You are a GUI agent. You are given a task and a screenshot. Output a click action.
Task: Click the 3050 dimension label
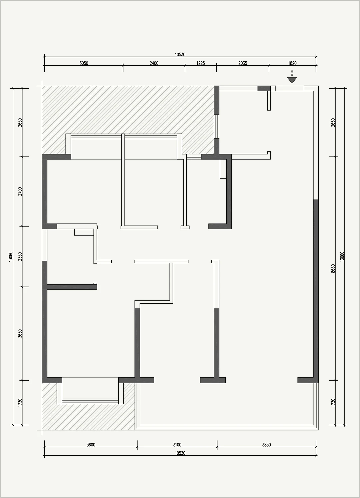[x=84, y=63]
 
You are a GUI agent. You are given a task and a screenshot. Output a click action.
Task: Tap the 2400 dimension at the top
[x=154, y=63]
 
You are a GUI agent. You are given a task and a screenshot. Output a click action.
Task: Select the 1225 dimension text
[x=201, y=63]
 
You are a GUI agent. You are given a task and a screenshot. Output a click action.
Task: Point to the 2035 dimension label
[x=243, y=63]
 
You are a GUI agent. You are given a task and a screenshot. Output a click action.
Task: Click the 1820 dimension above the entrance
[x=292, y=63]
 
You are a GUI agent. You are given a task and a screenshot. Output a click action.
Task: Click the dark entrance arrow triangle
[x=292, y=80]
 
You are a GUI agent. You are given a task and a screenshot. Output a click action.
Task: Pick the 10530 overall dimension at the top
[x=180, y=55]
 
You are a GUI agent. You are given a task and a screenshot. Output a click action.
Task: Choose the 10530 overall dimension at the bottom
[x=180, y=453]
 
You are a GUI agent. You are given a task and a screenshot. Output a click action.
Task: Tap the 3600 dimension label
[x=91, y=445]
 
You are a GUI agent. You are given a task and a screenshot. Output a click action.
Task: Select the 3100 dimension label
[x=177, y=445]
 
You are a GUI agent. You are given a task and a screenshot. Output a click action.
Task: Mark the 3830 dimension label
[x=266, y=445]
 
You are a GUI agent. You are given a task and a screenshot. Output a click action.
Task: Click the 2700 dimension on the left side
[x=20, y=191]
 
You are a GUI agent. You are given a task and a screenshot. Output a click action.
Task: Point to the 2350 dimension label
[x=20, y=256]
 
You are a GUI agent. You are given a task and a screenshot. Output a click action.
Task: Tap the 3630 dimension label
[x=20, y=333]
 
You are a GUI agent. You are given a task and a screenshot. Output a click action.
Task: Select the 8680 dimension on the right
[x=333, y=269]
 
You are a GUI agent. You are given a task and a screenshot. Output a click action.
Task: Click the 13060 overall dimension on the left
[x=11, y=256]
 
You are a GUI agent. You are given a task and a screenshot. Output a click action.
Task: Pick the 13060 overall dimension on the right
[x=342, y=256]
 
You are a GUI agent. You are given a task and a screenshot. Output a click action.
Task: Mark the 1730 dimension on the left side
[x=20, y=403]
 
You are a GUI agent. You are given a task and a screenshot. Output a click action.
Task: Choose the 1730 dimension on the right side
[x=333, y=403]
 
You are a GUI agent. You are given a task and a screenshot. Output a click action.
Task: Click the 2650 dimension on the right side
[x=333, y=122]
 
